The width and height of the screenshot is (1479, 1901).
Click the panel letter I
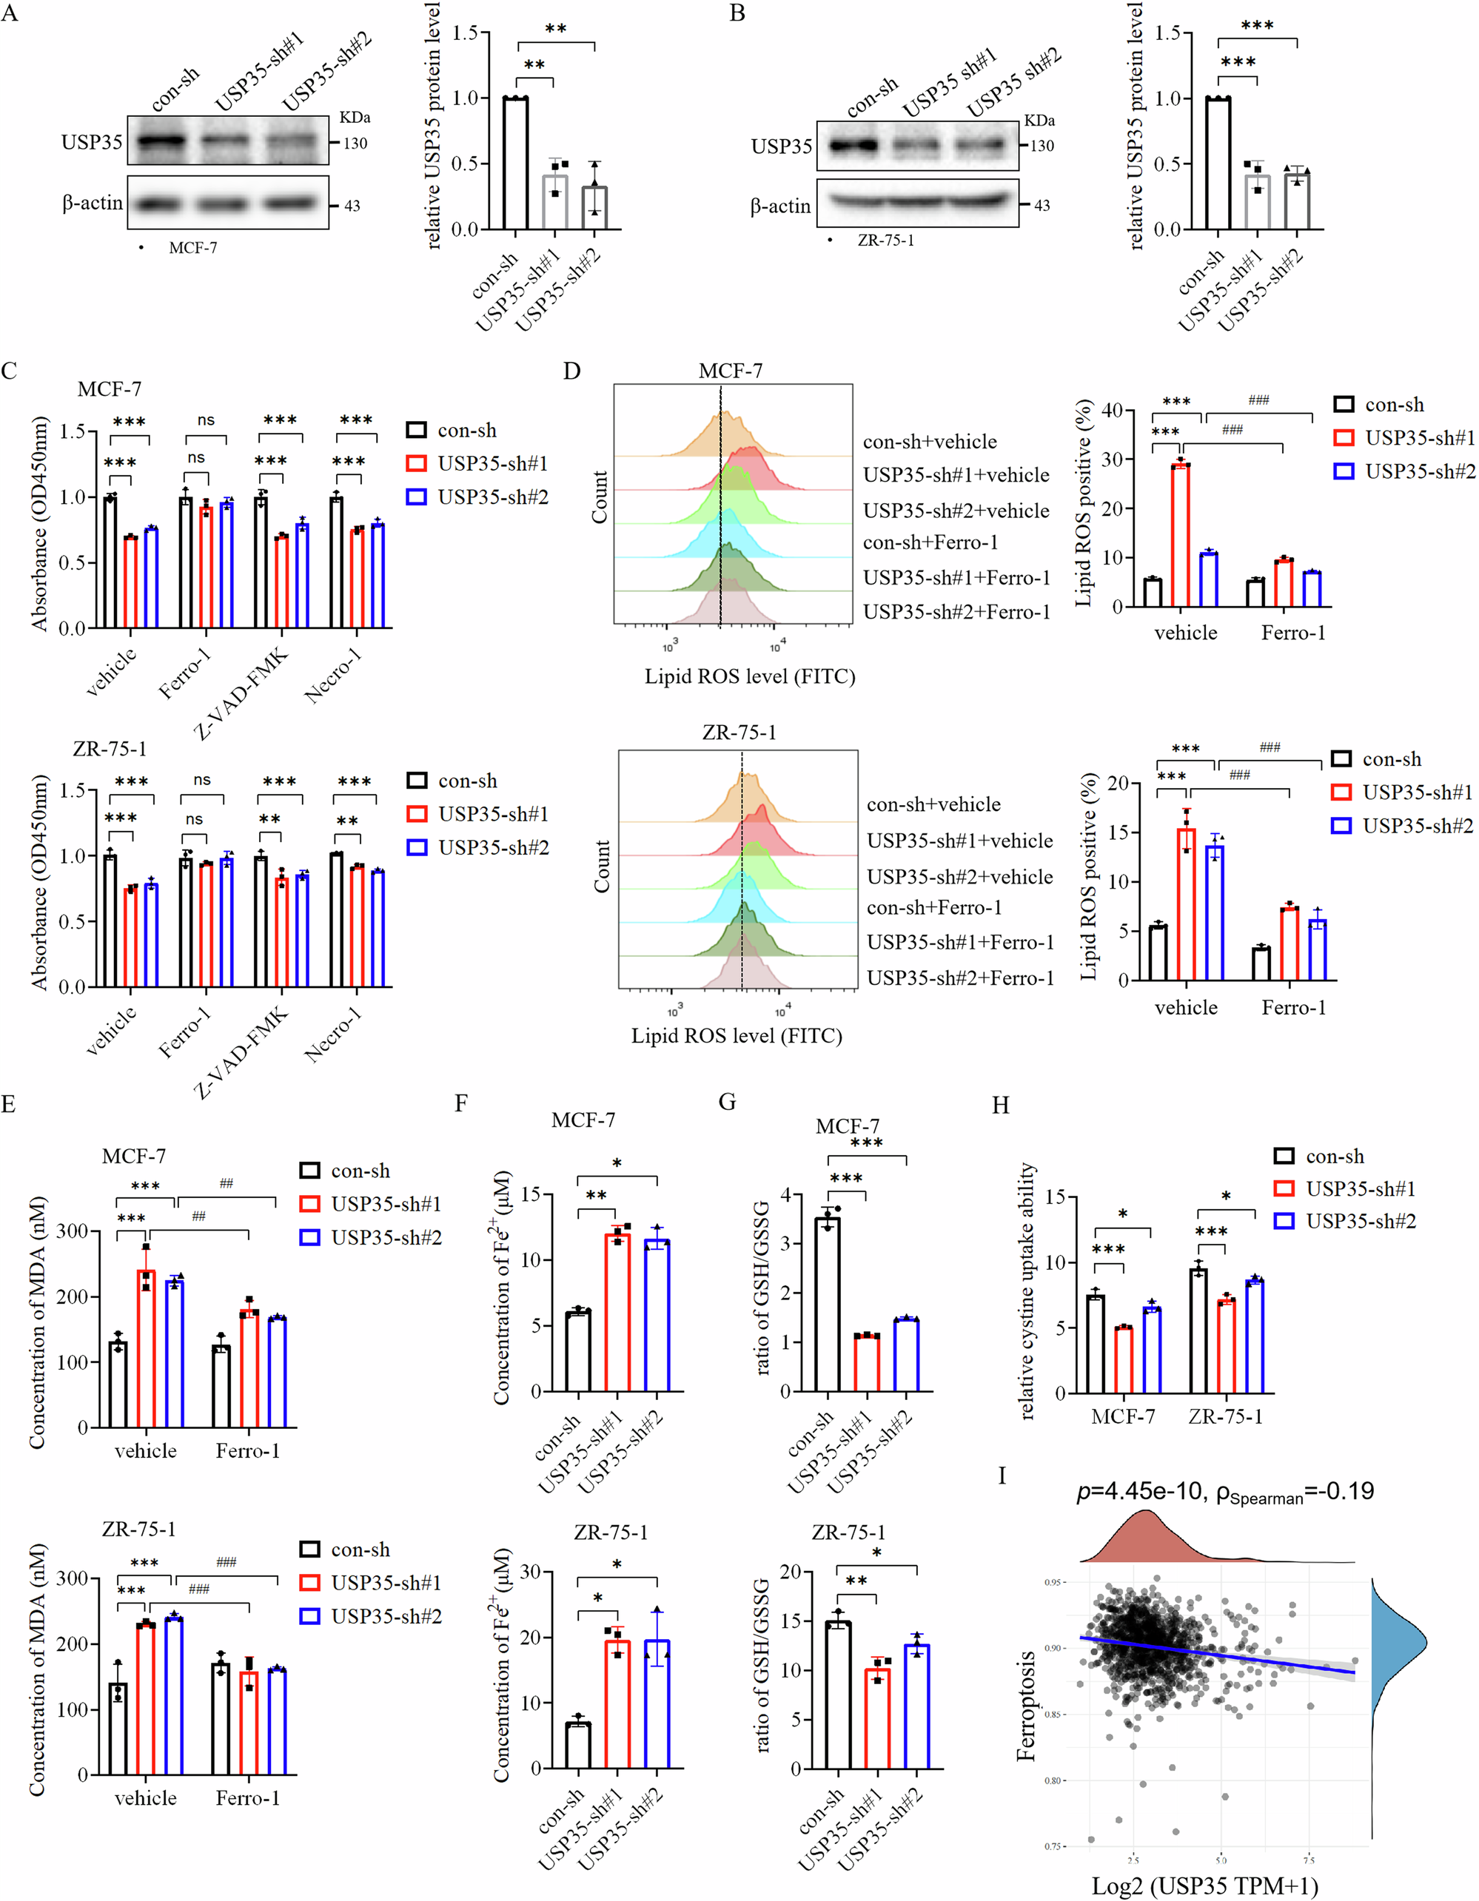coord(1002,1476)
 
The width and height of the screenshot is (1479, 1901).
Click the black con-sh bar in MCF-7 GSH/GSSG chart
coord(827,1305)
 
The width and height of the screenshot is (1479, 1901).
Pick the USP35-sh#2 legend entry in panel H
coord(1345,1221)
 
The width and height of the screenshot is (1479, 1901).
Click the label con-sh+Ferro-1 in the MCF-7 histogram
coord(930,542)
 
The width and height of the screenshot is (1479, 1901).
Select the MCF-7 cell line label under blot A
coord(192,248)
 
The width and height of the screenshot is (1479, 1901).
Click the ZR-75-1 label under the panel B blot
coord(885,240)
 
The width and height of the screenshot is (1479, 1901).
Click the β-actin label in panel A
coord(93,203)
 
